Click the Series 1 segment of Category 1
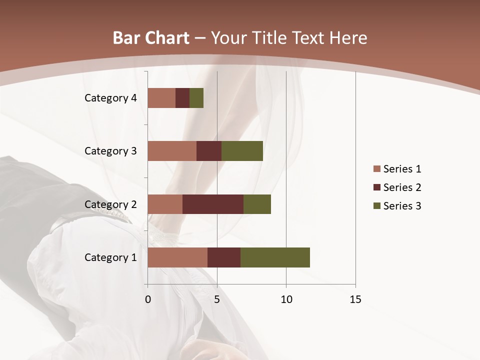(177, 257)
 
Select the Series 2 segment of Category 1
(224, 257)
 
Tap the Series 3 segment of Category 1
(275, 257)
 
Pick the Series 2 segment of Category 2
(213, 204)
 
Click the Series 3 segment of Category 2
(257, 204)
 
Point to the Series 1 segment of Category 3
(172, 151)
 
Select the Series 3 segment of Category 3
(242, 151)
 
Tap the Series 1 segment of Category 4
(161, 98)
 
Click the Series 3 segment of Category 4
(196, 98)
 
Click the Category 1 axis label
(110, 257)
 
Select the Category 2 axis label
(110, 204)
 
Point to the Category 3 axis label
(110, 151)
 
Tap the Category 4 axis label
(110, 98)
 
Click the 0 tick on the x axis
(148, 299)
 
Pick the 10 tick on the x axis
(286, 299)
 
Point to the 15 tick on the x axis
(355, 299)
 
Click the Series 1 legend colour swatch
(376, 169)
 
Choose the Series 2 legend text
(402, 187)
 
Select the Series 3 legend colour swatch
(376, 206)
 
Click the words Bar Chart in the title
(151, 38)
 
